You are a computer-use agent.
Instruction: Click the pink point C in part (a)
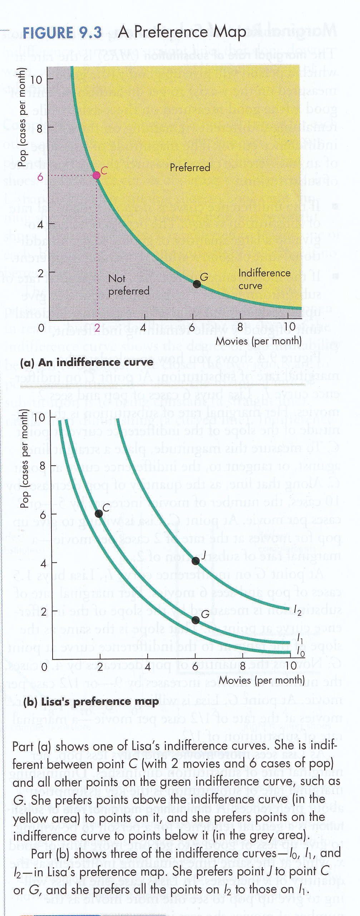click(97, 175)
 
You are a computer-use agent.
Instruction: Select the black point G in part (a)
click(197, 284)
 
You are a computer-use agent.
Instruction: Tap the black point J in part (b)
click(196, 560)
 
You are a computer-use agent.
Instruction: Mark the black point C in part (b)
click(99, 514)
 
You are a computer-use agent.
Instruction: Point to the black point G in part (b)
click(195, 620)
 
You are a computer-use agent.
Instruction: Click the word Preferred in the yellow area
click(190, 167)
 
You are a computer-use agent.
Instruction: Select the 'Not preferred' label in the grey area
click(128, 285)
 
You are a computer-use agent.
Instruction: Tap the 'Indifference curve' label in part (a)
click(264, 279)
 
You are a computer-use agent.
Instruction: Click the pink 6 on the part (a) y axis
click(40, 177)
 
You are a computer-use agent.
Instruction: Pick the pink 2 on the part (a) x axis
click(97, 327)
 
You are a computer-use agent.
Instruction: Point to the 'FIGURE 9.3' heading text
click(62, 33)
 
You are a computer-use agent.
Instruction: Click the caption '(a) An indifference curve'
click(87, 362)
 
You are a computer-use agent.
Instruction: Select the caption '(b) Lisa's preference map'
click(91, 701)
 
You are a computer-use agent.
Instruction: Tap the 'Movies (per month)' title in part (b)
click(262, 680)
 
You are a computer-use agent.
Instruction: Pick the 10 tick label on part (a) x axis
click(290, 327)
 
